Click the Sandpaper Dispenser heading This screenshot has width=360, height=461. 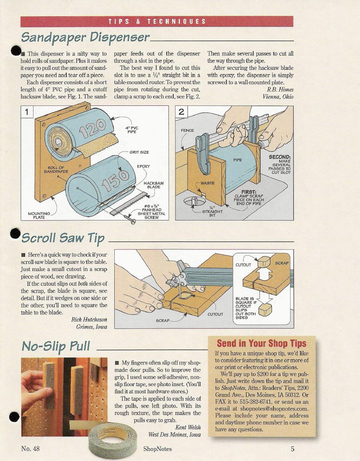click(85, 38)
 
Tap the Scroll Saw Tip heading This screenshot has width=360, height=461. click(63, 238)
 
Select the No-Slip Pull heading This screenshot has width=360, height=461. click(56, 346)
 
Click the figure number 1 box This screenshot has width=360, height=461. click(27, 112)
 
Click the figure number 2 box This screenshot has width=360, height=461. click(182, 112)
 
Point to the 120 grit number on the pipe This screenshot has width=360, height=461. click(93, 128)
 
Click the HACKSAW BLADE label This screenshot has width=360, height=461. click(154, 185)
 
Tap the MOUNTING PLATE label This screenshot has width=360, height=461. click(39, 215)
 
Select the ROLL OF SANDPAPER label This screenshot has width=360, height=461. click(56, 170)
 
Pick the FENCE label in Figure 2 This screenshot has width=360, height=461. click(188, 130)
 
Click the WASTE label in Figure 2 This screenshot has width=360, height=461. click(207, 183)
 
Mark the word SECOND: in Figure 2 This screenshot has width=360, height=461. click(280, 157)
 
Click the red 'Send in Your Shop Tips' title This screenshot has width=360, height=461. click(262, 343)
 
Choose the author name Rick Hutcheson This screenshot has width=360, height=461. click(89, 320)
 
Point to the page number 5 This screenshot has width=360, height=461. click(292, 449)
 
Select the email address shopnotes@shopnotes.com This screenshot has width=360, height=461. click(274, 409)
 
